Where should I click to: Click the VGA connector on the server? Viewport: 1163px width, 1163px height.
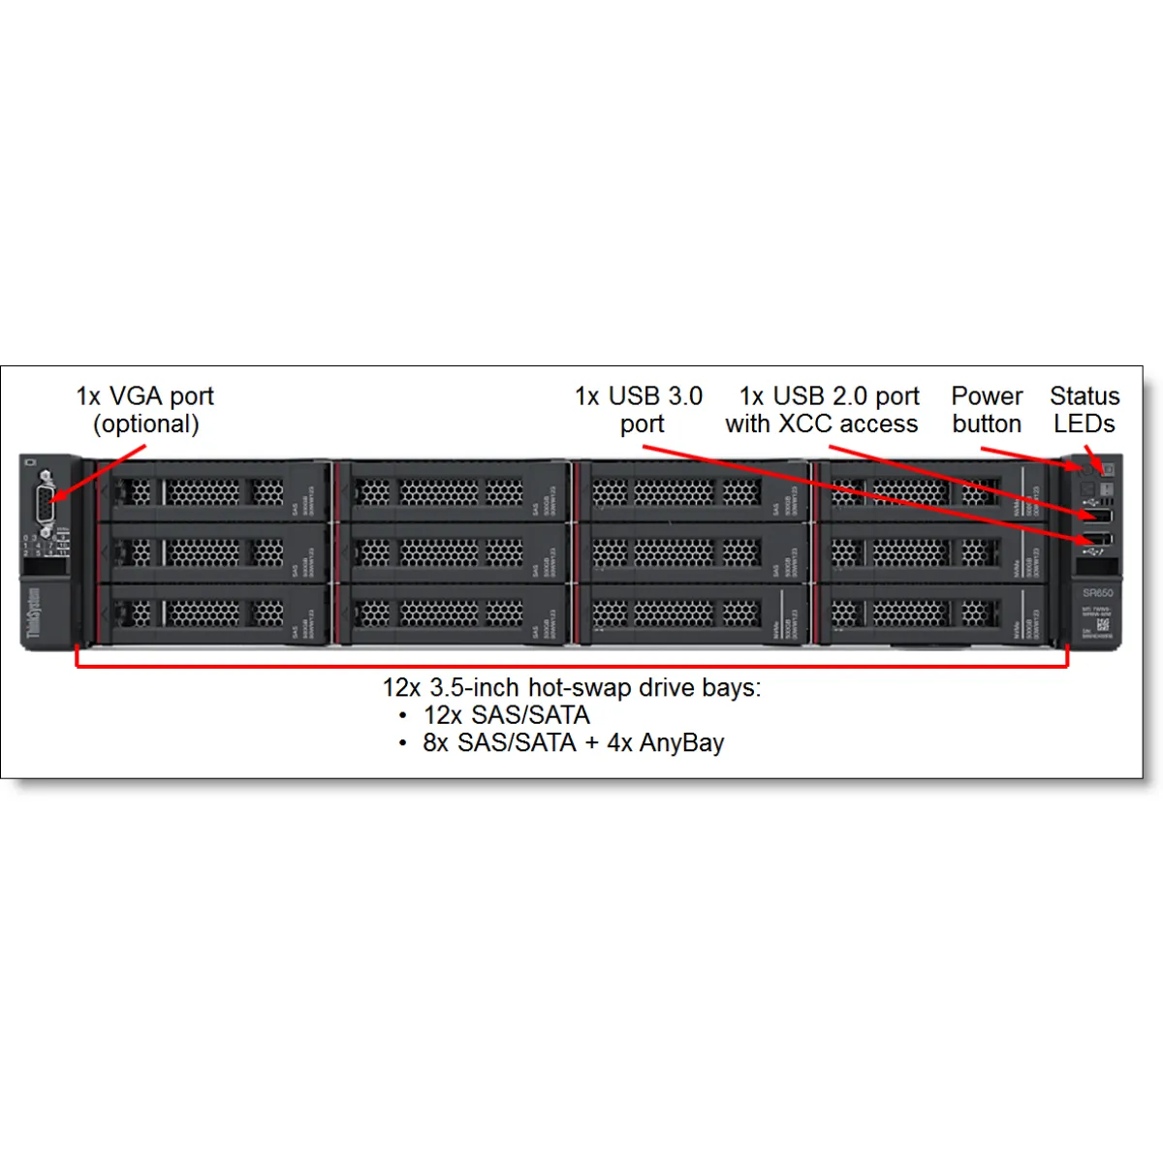click(x=44, y=505)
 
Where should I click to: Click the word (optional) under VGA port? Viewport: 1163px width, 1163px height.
click(x=146, y=424)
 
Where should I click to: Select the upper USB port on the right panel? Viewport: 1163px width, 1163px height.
click(x=1097, y=517)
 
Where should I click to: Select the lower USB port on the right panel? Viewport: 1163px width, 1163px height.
click(x=1097, y=540)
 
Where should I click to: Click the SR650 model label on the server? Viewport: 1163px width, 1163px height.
click(x=1097, y=592)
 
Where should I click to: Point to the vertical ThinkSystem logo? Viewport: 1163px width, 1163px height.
click(x=34, y=614)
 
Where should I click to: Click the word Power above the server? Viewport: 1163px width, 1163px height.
click(x=987, y=396)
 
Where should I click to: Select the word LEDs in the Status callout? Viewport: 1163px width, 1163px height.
click(x=1084, y=424)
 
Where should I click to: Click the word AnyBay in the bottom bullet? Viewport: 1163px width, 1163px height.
click(x=681, y=743)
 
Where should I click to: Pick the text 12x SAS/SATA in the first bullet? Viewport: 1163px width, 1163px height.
click(x=506, y=716)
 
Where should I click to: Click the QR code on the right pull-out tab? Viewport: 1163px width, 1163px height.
click(x=1103, y=625)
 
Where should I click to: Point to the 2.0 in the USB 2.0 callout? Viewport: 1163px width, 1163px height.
click(x=850, y=396)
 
